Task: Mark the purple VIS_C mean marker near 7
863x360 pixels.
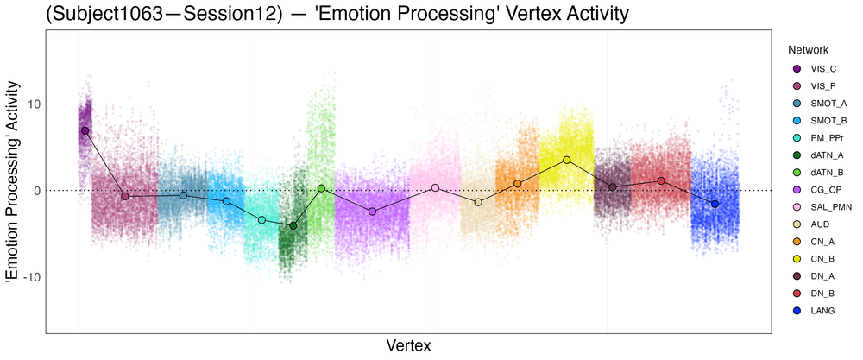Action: pyautogui.click(x=85, y=130)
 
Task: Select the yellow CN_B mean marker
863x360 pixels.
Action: pyautogui.click(x=566, y=160)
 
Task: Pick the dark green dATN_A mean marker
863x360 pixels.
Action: pyautogui.click(x=293, y=225)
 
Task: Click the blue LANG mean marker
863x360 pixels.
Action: pyautogui.click(x=715, y=204)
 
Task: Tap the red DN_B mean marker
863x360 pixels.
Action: pyautogui.click(x=661, y=181)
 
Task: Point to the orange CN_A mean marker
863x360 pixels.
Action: pyautogui.click(x=518, y=183)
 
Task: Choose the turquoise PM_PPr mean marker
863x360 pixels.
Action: pyautogui.click(x=261, y=220)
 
